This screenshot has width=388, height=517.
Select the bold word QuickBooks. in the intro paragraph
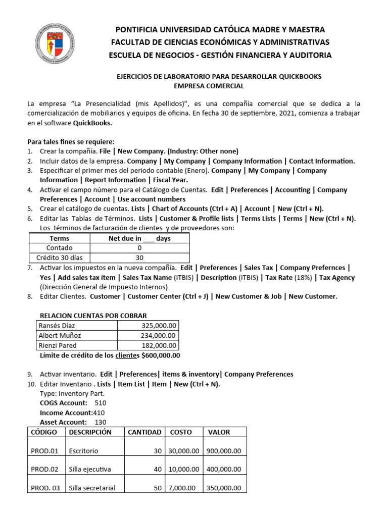(92, 123)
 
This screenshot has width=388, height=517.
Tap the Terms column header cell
(60, 238)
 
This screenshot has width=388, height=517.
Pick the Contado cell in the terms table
(60, 248)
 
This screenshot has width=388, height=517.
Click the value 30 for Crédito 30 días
(139, 257)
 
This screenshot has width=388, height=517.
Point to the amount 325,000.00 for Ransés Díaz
(157, 326)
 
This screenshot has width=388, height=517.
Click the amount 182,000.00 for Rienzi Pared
(157, 346)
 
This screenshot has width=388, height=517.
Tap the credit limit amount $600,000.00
(161, 355)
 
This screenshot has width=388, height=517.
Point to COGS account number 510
(100, 403)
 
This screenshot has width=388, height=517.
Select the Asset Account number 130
(101, 422)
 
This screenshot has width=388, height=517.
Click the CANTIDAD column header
(144, 432)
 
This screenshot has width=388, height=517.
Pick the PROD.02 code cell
(45, 470)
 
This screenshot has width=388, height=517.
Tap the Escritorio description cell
(84, 451)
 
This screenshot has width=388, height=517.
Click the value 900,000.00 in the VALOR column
(224, 451)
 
